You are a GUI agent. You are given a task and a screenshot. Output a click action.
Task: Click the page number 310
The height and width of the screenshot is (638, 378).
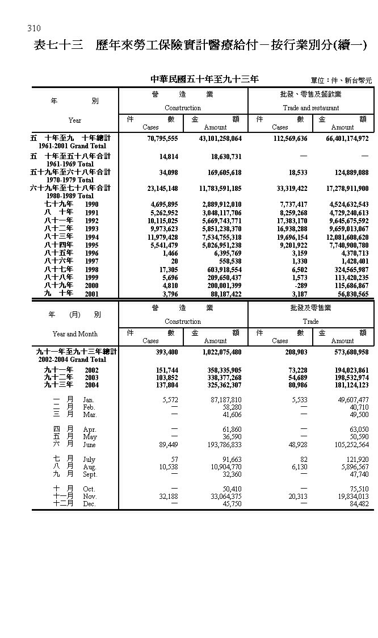pos(33,28)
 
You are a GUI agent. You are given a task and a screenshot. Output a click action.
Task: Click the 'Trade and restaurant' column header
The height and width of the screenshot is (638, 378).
pos(310,108)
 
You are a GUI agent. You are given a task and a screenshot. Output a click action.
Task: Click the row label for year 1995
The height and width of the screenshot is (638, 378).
pos(92,245)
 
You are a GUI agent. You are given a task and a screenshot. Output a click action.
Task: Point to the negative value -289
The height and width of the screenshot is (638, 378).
pos(299,286)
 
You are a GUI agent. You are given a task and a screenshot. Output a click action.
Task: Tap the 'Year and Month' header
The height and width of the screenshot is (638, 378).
pos(75,334)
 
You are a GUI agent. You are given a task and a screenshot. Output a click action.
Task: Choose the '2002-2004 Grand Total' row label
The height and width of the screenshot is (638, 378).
pos(72,360)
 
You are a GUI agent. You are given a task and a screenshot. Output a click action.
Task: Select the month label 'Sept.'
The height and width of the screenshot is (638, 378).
pos(90,474)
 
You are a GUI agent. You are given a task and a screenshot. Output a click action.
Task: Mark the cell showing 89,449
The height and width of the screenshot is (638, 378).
pos(167,445)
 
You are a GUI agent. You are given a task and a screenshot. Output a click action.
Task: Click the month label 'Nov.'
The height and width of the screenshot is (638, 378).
pos(90,496)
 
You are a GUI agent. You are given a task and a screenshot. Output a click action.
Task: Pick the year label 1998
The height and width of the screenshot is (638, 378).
pos(92,269)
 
